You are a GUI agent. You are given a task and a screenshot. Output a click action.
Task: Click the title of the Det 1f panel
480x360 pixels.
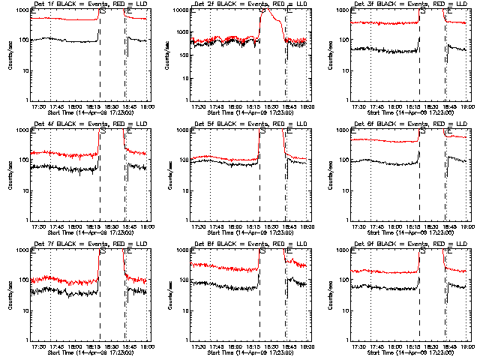pos(90,5)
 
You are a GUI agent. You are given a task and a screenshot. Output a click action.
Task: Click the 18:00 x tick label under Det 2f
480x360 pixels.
pos(235,106)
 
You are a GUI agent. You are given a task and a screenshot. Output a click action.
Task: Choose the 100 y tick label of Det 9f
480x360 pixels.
pos(345,280)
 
